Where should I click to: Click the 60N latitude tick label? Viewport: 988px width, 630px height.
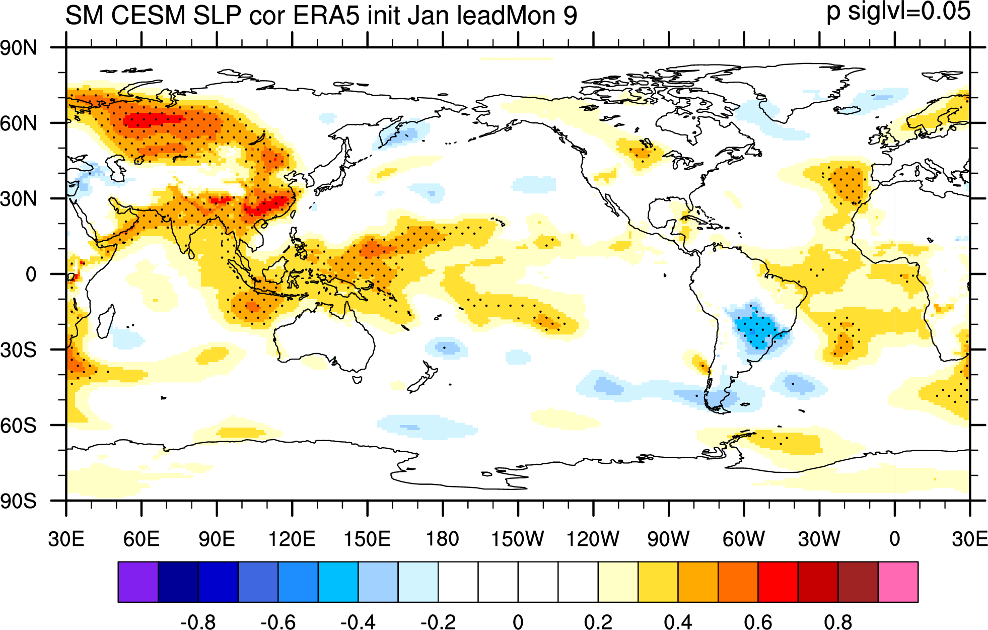[x=19, y=123]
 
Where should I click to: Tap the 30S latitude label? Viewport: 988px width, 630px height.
[x=19, y=350]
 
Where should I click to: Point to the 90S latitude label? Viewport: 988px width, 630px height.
[x=19, y=501]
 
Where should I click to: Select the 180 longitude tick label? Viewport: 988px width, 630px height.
[x=443, y=539]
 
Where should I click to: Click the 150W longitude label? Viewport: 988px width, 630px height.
[x=518, y=539]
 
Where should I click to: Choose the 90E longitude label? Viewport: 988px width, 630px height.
[x=217, y=539]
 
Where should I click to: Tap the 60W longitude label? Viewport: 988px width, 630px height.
[x=744, y=539]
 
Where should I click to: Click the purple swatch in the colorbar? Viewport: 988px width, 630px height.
[x=138, y=582]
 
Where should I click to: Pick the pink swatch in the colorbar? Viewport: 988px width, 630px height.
[x=898, y=582]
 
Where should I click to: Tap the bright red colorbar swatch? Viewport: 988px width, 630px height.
[x=778, y=582]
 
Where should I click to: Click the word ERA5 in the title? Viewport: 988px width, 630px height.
[x=326, y=15]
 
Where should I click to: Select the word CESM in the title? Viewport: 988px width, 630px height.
[x=148, y=15]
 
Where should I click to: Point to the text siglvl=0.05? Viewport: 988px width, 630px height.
[x=909, y=11]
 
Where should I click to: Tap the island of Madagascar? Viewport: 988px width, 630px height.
[x=106, y=321]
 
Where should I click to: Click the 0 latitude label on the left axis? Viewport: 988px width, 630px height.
[x=31, y=274]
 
